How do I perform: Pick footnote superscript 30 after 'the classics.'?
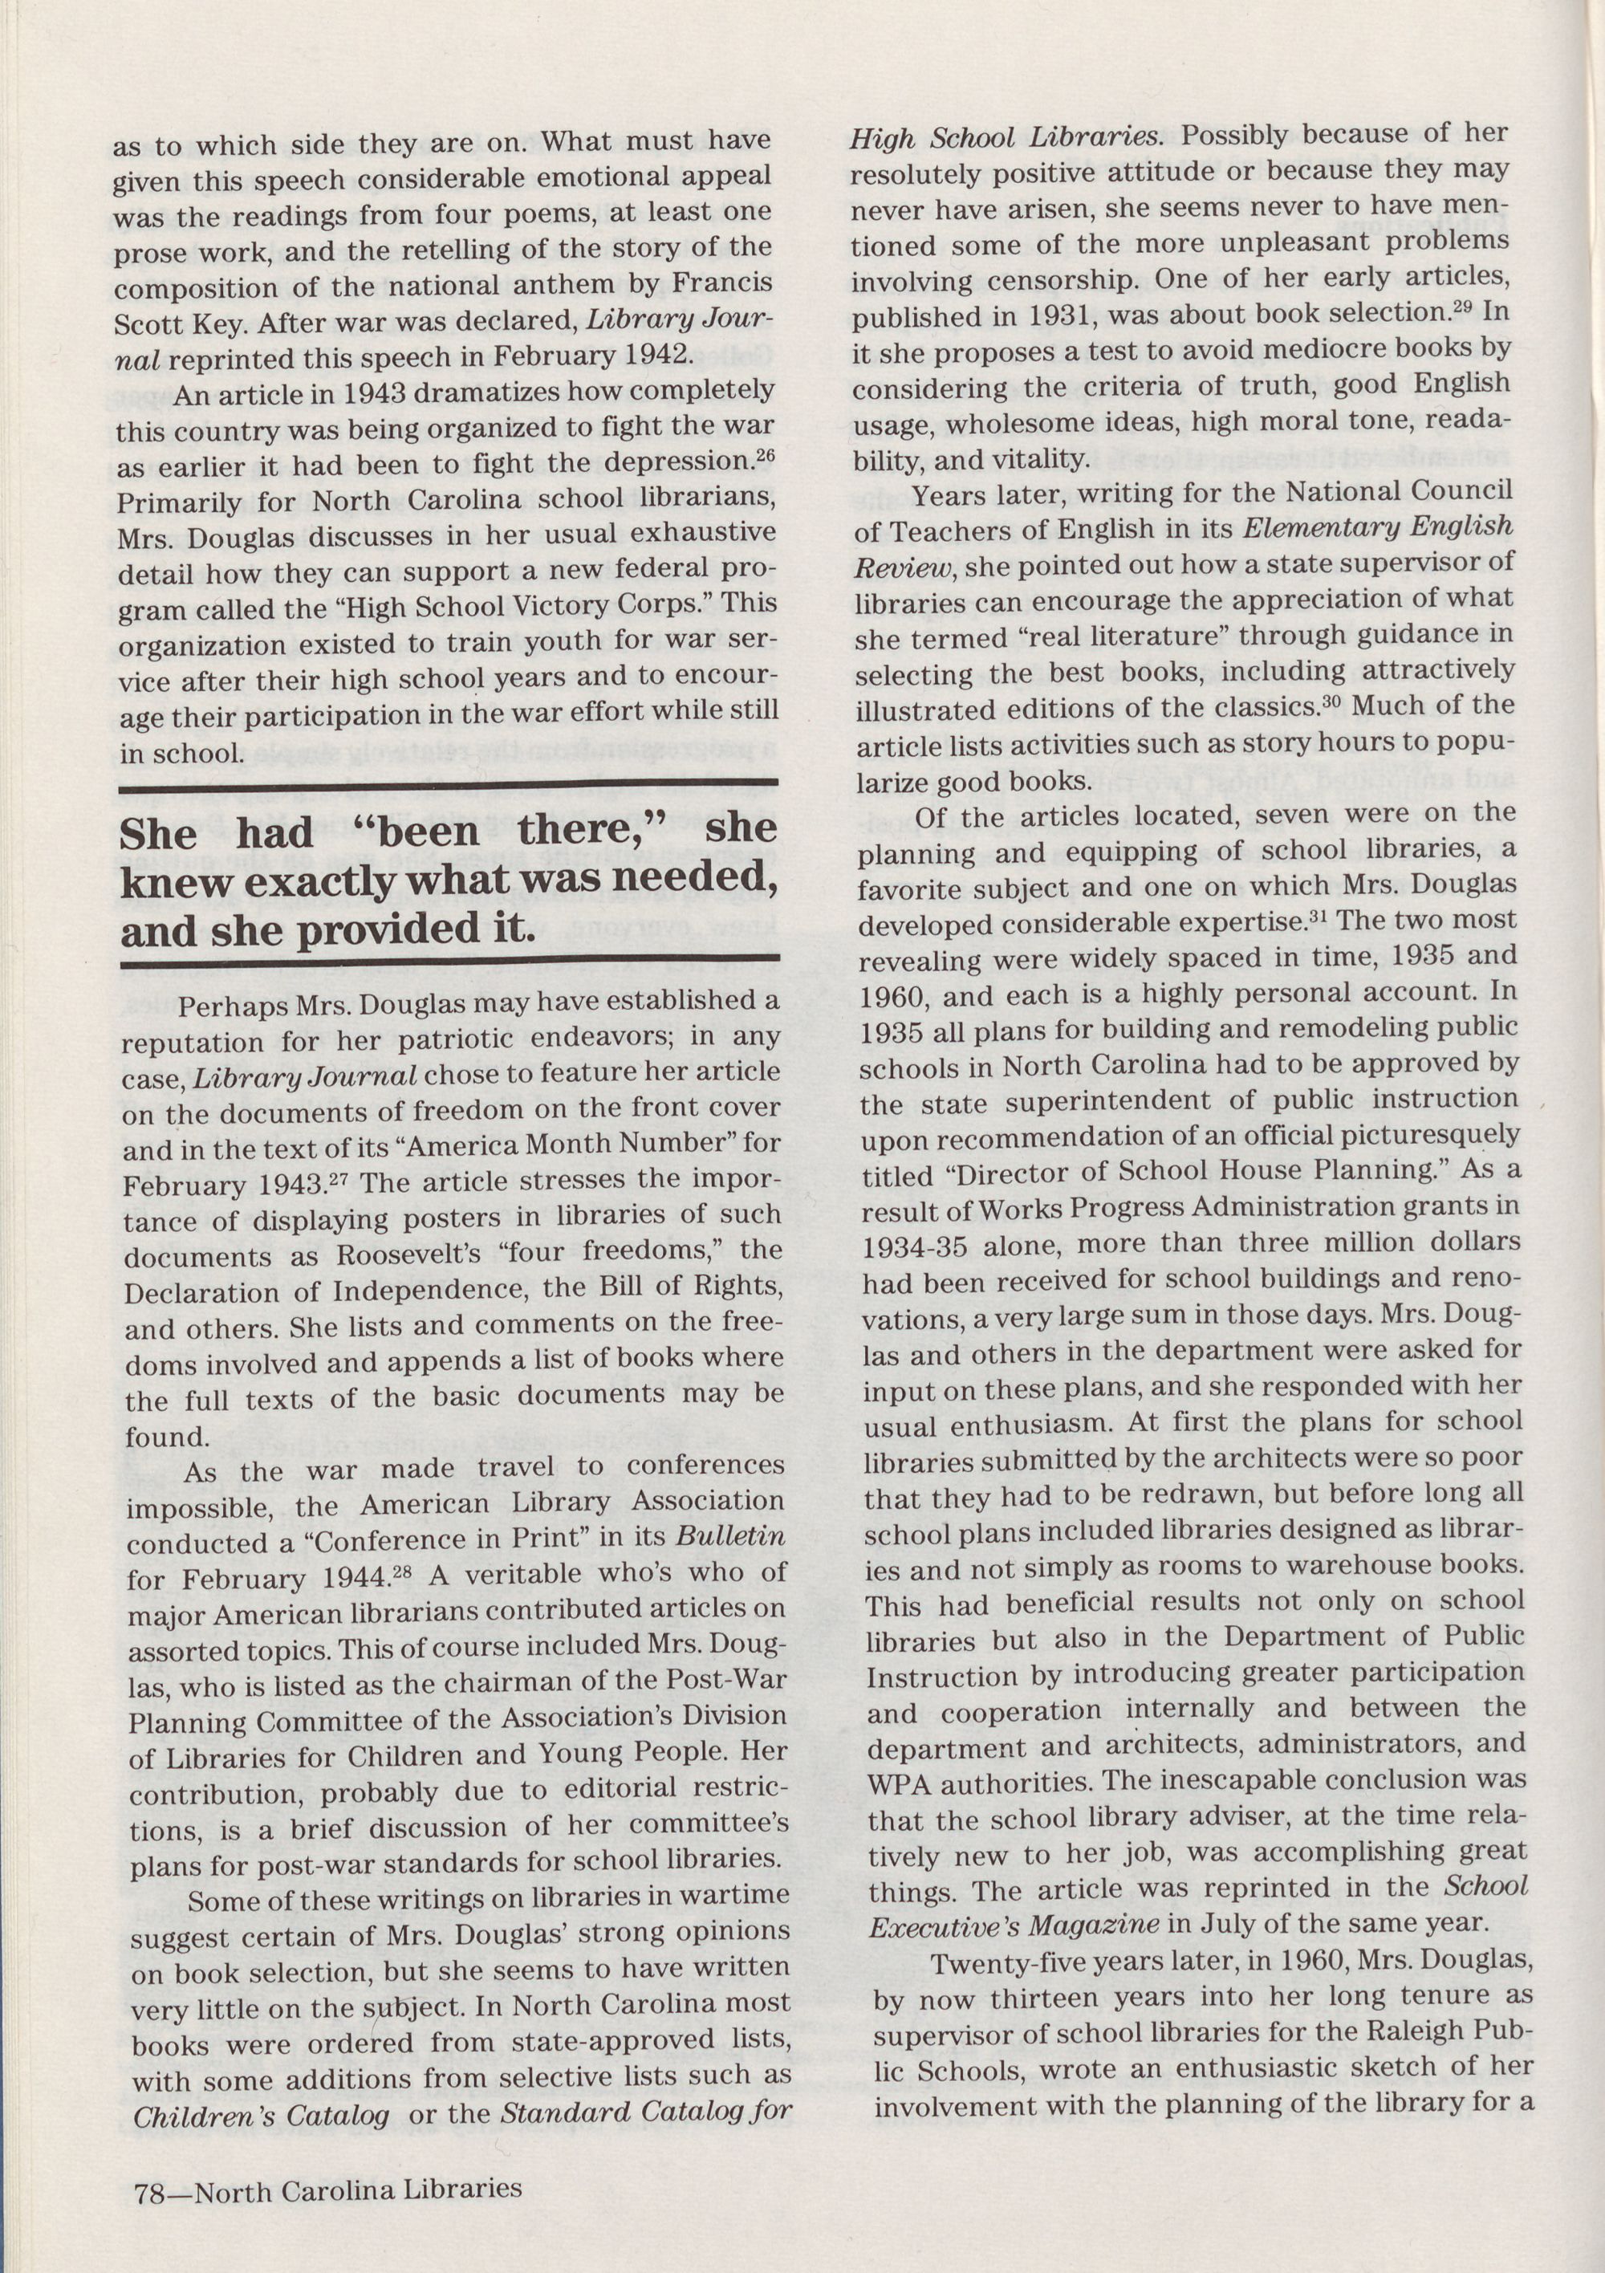click(1333, 704)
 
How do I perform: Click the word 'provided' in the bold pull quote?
click(382, 929)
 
